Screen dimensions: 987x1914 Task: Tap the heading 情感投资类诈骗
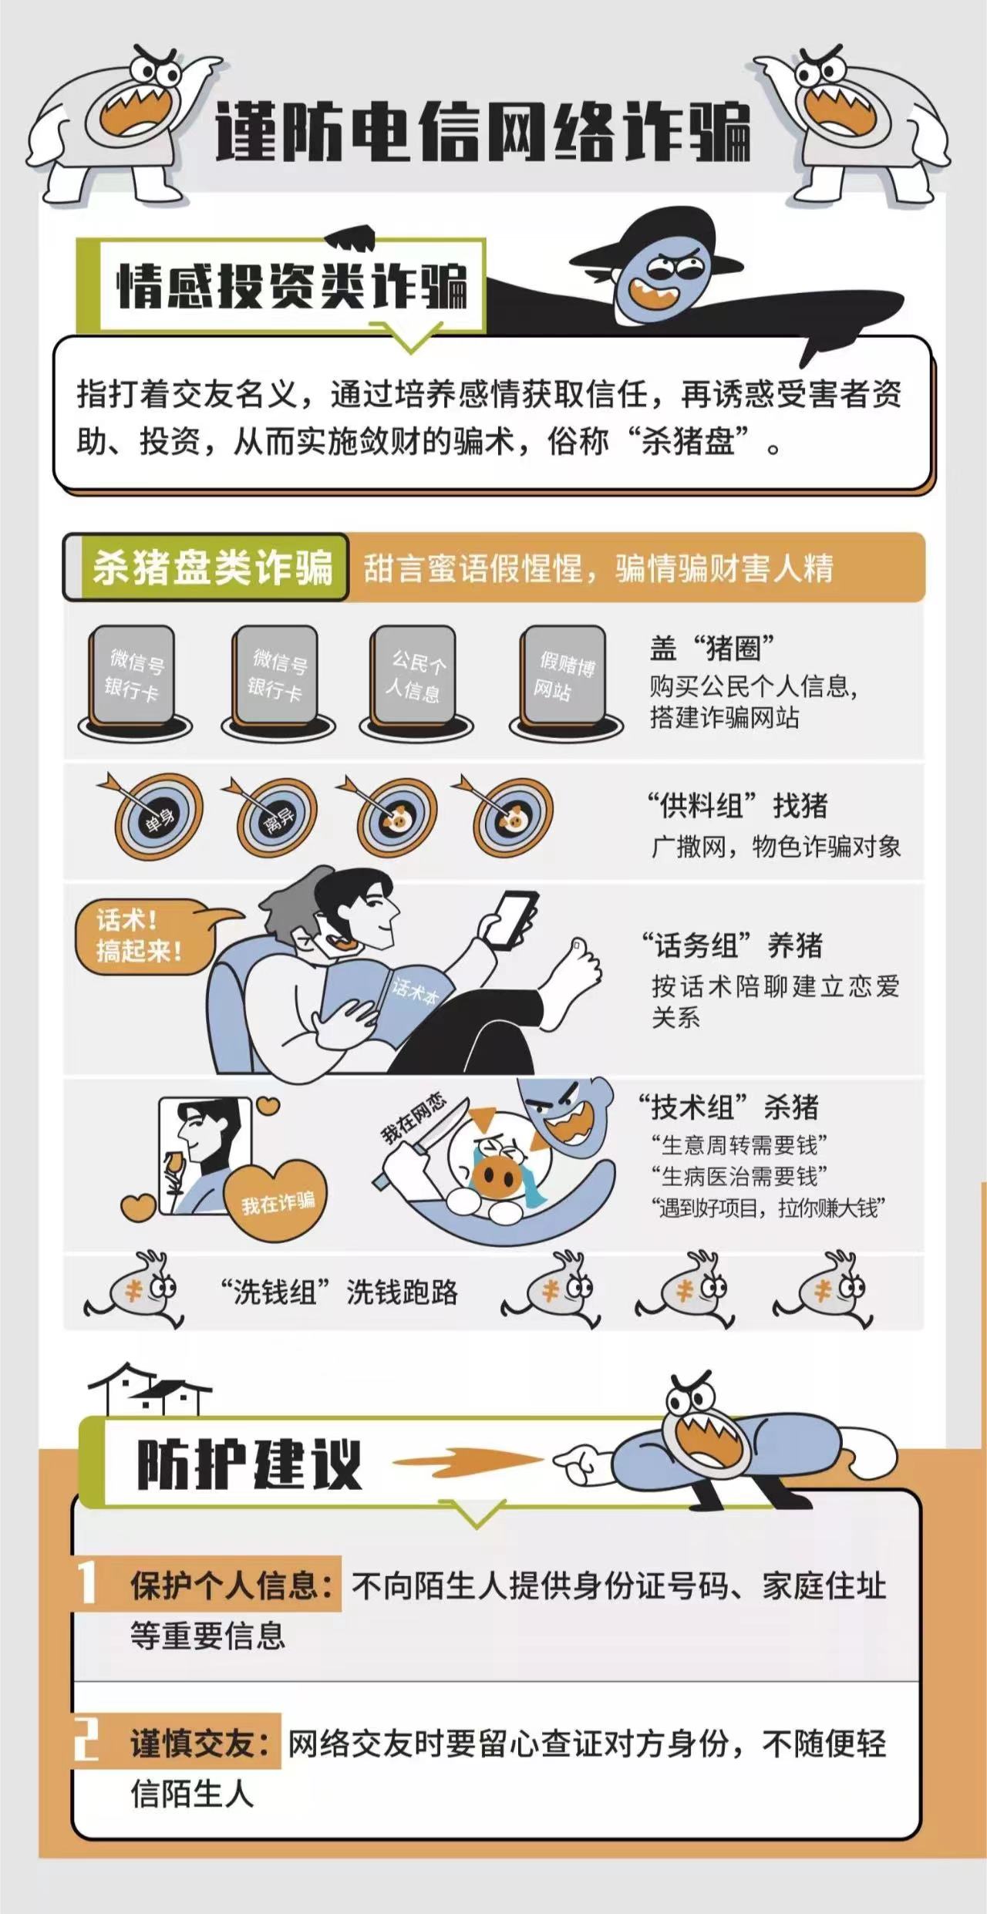(292, 286)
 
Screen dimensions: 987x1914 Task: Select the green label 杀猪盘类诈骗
(212, 568)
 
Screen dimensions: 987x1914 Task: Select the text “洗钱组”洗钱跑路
(339, 1292)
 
